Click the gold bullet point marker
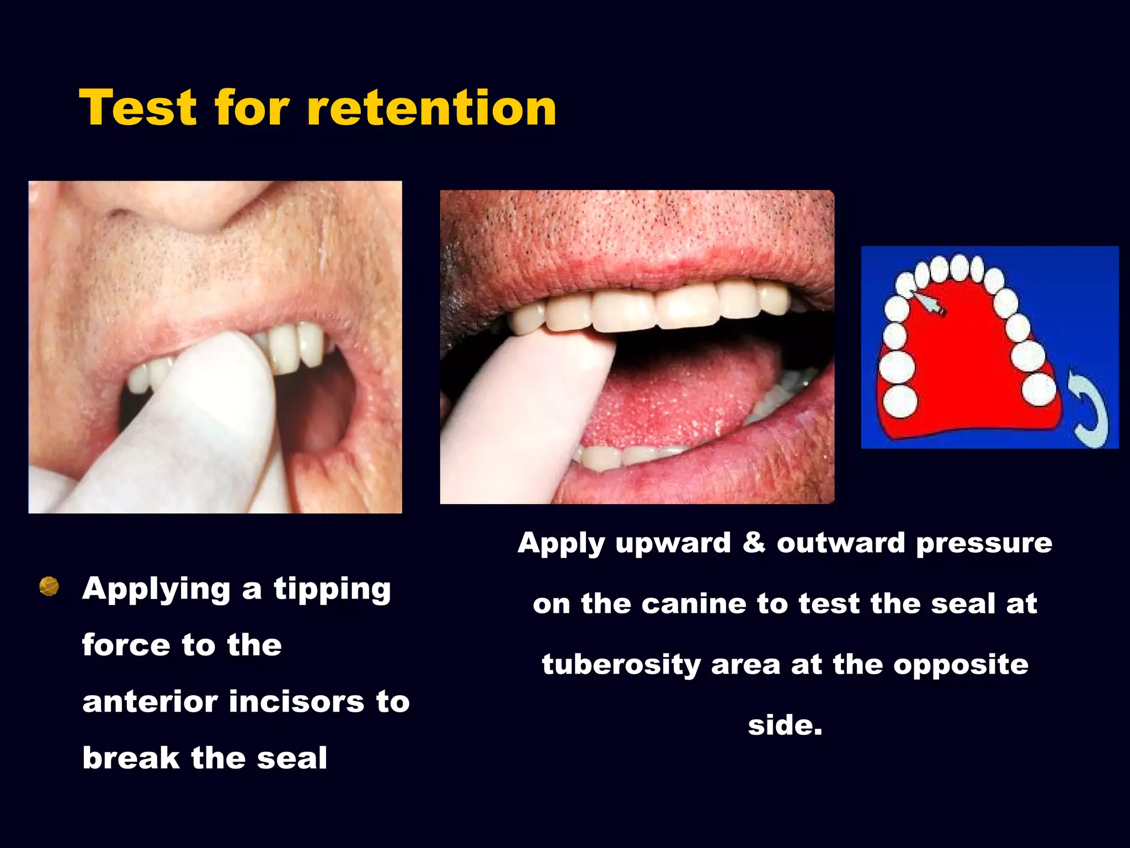pos(49,586)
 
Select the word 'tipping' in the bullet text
pos(332,590)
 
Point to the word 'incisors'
pos(297,702)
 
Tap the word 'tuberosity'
pos(621,664)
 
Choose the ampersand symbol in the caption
pos(754,542)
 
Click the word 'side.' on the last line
pos(785,725)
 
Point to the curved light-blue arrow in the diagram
pos(1089,409)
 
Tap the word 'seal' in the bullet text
pos(292,758)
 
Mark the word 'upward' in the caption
pos(673,543)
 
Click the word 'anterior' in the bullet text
pos(150,702)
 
